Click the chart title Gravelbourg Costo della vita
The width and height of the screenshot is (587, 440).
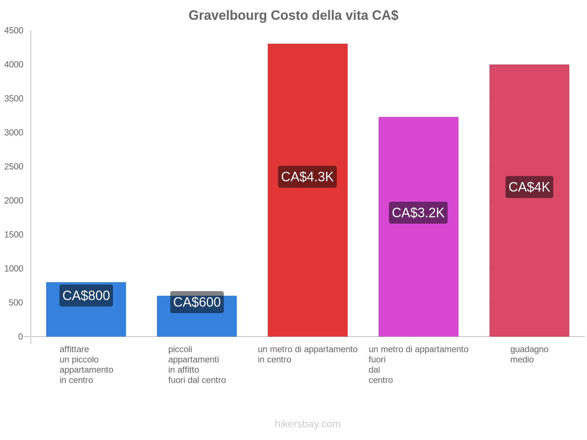click(x=293, y=15)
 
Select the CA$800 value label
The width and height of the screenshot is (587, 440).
click(x=86, y=296)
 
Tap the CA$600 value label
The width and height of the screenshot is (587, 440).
click(x=197, y=302)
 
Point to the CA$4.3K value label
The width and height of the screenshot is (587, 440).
click(x=307, y=177)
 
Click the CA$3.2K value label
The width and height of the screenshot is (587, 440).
click(x=418, y=213)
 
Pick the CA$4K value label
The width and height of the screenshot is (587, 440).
click(x=529, y=187)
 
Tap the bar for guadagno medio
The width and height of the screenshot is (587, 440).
click(x=529, y=257)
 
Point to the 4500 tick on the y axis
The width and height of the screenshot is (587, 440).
click(x=14, y=31)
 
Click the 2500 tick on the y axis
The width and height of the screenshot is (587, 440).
click(x=14, y=167)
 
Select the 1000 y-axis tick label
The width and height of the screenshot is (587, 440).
click(x=14, y=269)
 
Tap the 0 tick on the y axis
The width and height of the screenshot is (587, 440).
click(x=21, y=337)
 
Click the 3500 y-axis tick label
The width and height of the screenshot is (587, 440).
click(x=14, y=99)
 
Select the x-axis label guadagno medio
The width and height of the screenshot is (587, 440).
click(x=529, y=354)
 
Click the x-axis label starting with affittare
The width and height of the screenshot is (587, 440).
click(x=86, y=364)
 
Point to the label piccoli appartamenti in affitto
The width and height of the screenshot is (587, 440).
click(x=197, y=364)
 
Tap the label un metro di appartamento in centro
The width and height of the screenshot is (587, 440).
click(x=307, y=354)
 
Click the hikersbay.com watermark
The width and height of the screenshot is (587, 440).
click(x=307, y=424)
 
